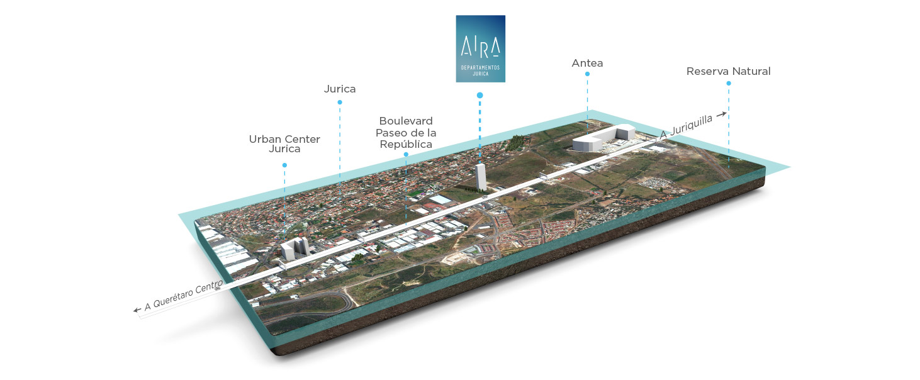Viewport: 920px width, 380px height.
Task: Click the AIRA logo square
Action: (x=481, y=48)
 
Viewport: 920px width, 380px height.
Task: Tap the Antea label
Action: (x=587, y=64)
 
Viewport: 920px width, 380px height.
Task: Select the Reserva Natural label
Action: (x=728, y=71)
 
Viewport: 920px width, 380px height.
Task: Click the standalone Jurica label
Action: (x=340, y=89)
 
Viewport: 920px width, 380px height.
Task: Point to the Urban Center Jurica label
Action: (x=284, y=144)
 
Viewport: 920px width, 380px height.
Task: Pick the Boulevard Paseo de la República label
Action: (x=406, y=133)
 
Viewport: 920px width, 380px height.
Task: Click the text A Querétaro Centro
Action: (x=184, y=295)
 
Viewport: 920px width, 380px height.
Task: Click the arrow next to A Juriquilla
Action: (x=721, y=115)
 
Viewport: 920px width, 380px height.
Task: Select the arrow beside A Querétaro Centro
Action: (x=137, y=310)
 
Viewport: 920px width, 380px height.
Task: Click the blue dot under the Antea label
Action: (x=587, y=74)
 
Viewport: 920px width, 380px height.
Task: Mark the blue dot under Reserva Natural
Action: (x=729, y=84)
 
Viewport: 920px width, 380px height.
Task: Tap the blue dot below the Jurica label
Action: (x=340, y=103)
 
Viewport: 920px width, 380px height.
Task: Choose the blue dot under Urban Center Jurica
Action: (x=284, y=165)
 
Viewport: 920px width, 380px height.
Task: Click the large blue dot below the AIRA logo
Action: (x=480, y=95)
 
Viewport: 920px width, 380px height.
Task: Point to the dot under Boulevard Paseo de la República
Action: (x=406, y=155)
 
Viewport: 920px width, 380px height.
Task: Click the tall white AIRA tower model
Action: (x=481, y=177)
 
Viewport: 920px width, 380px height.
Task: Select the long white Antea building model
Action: (x=603, y=138)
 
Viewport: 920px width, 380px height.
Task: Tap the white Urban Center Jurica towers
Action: (x=295, y=248)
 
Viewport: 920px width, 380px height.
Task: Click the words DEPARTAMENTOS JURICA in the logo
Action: (x=481, y=70)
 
